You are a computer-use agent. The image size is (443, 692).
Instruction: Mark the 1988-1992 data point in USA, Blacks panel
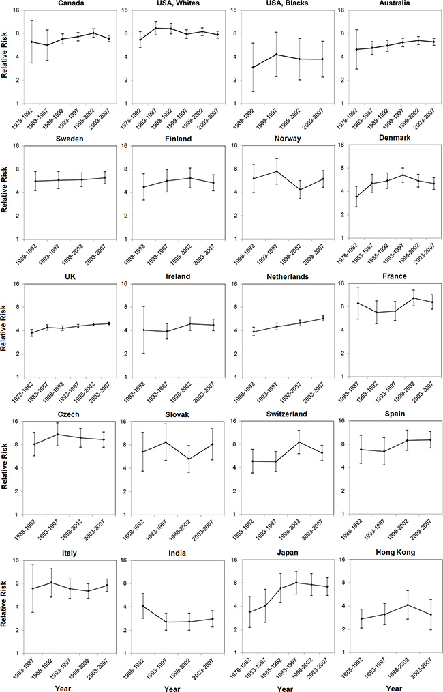pos(254,68)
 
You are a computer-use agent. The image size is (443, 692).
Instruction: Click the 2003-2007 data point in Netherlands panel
pos(324,319)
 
